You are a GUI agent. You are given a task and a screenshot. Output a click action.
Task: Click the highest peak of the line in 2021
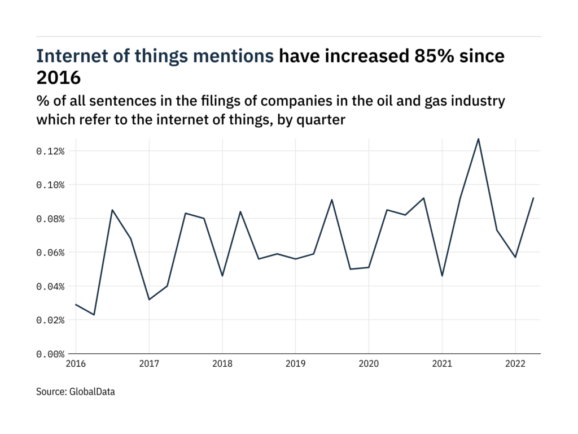coord(479,138)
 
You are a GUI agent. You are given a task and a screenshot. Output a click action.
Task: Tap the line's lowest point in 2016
coord(94,315)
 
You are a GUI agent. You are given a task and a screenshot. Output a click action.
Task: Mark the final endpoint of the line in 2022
coord(533,198)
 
